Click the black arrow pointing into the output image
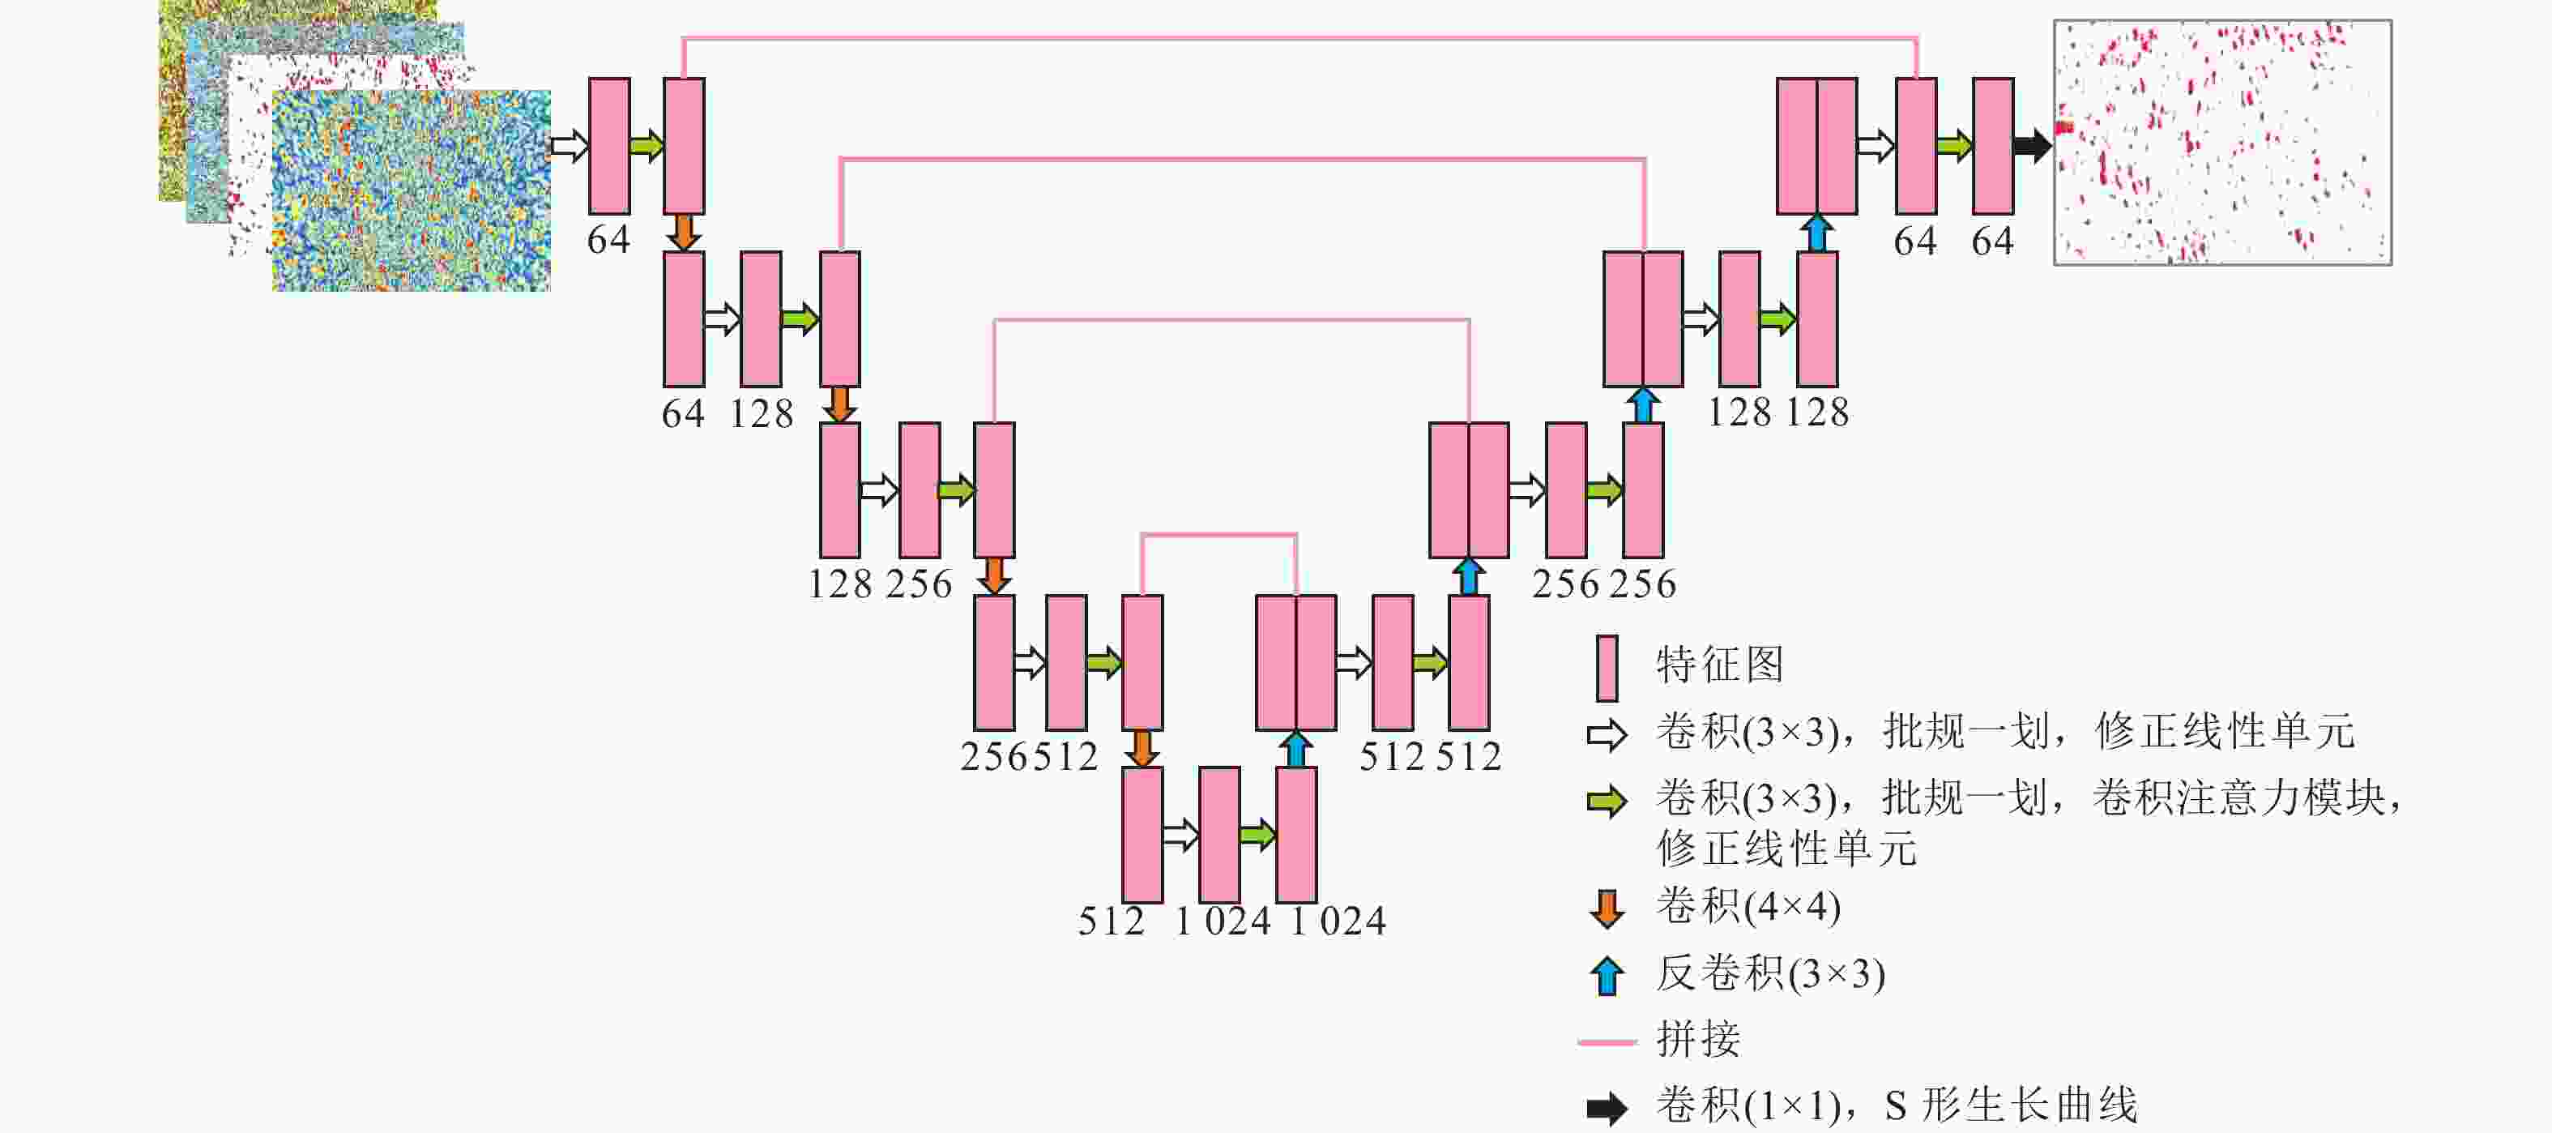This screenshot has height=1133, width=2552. [2031, 146]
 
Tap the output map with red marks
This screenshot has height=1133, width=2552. [2222, 143]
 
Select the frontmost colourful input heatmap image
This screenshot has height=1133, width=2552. [411, 190]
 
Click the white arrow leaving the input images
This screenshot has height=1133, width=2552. [569, 146]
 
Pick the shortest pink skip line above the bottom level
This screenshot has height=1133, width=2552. [1218, 535]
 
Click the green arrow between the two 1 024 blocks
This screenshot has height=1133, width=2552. [1257, 835]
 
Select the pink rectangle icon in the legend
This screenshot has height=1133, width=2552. [1607, 668]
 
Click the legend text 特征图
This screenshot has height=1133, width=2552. [1720, 664]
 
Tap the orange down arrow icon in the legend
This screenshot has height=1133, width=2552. [1607, 908]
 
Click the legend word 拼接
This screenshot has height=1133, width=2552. [1698, 1039]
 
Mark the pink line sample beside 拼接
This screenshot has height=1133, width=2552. [1607, 1041]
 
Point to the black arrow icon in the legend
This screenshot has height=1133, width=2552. [1607, 1107]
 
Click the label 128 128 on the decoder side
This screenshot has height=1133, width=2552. [1777, 413]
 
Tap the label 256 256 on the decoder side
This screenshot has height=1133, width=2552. [1604, 584]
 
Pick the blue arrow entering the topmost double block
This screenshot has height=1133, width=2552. [1816, 233]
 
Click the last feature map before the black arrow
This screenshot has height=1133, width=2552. [1992, 146]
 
